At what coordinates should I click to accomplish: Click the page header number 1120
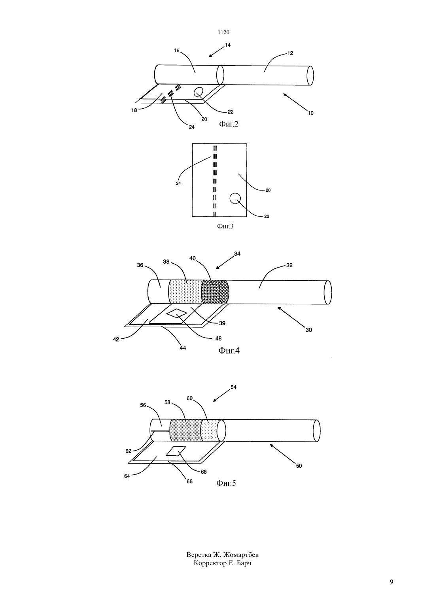(223, 32)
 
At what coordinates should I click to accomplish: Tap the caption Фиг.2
(229, 124)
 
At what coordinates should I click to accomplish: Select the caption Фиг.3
(225, 226)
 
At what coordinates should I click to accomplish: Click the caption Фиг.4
(229, 351)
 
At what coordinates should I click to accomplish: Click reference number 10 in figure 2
(310, 113)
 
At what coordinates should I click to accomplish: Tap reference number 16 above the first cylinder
(177, 51)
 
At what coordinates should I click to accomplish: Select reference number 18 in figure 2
(134, 110)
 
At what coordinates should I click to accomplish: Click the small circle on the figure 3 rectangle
(235, 198)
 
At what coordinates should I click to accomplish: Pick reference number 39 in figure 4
(222, 323)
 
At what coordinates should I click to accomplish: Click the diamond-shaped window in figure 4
(177, 313)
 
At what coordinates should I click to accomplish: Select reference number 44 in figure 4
(183, 348)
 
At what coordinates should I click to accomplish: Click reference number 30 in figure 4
(309, 330)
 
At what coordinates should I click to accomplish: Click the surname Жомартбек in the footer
(241, 555)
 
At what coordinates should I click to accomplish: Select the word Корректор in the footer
(210, 563)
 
